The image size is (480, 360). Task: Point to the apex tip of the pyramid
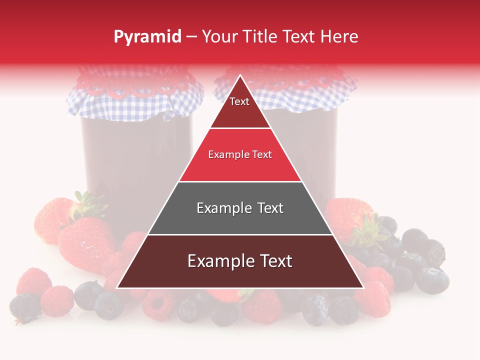[240, 76]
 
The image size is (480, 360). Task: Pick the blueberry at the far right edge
[432, 280]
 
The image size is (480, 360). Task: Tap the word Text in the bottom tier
[273, 261]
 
